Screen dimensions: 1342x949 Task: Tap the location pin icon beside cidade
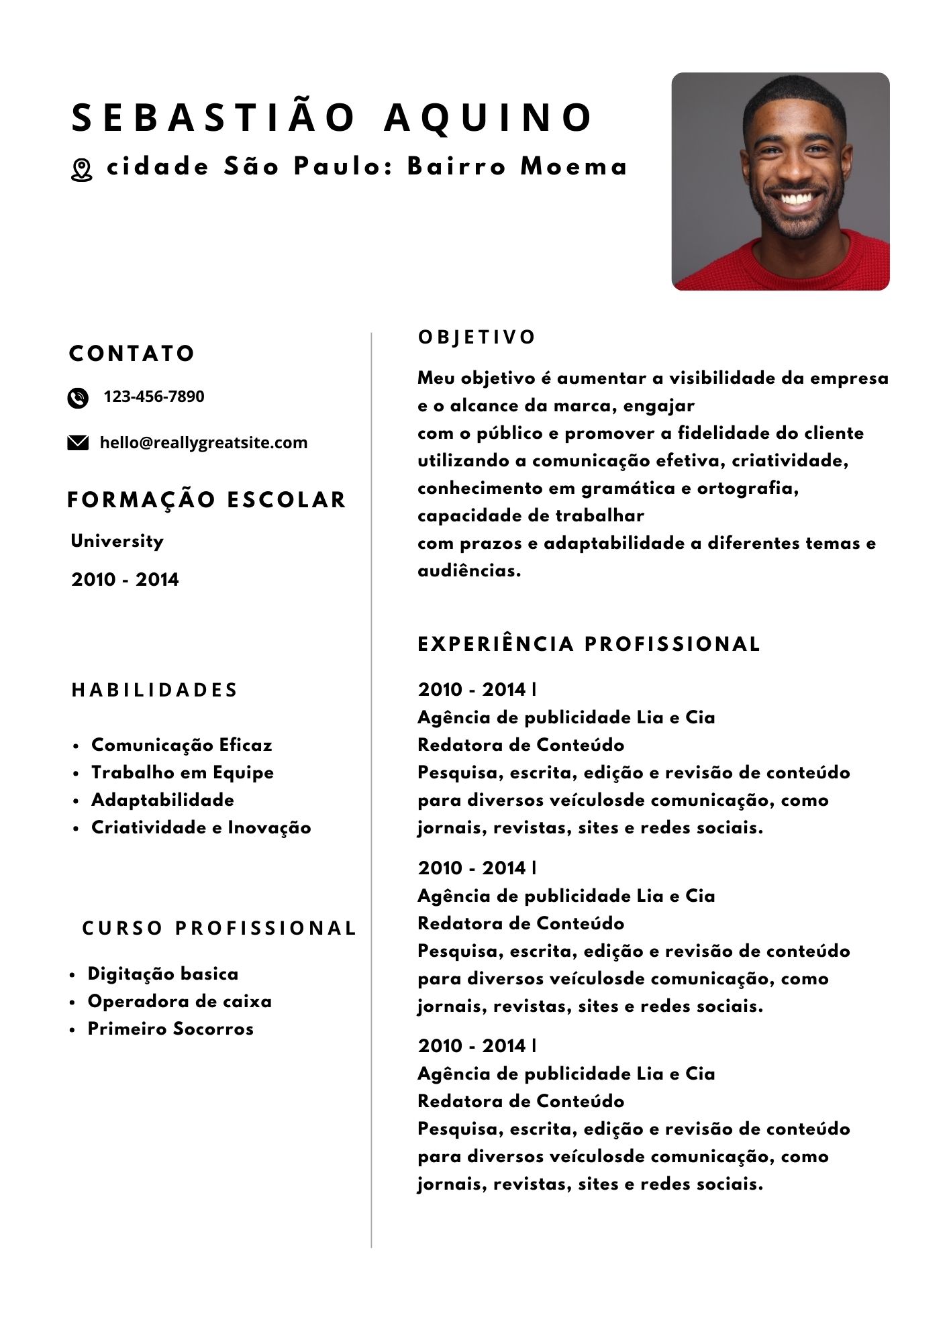81,170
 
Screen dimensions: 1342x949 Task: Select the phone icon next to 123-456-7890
78,398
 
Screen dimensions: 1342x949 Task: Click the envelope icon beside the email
78,443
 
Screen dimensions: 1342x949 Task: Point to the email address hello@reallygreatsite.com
203,443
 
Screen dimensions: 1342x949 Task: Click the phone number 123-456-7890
154,397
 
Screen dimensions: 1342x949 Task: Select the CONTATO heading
132,354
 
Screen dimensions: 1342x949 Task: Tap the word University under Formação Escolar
117,541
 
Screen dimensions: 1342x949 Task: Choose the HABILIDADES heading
154,690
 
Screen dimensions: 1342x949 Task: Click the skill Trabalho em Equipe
182,772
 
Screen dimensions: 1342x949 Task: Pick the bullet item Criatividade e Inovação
201,827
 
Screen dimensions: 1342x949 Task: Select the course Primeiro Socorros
170,1029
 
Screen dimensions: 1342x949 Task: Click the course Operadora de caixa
179,1001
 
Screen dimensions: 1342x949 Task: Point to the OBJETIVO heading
477,338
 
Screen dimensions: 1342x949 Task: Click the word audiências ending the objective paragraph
468,571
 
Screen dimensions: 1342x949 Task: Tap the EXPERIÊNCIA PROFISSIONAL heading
589,644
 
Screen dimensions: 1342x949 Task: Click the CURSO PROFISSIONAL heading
219,928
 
